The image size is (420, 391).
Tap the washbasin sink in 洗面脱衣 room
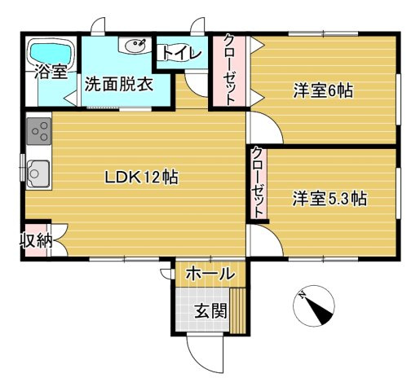[135, 45]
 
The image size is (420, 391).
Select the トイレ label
[181, 53]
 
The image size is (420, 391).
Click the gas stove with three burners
[39, 131]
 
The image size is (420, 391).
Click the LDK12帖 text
[141, 178]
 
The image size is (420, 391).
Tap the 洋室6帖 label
[323, 90]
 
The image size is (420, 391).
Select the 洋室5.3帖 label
[329, 199]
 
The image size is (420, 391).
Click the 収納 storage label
[37, 240]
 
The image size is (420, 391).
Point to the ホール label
[210, 274]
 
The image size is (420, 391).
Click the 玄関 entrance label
[211, 310]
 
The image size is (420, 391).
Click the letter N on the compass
[301, 294]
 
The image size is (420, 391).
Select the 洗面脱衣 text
[119, 85]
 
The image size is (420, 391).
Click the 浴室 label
[51, 72]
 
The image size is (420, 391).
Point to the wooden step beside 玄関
[237, 310]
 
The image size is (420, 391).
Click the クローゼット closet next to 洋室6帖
[229, 71]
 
